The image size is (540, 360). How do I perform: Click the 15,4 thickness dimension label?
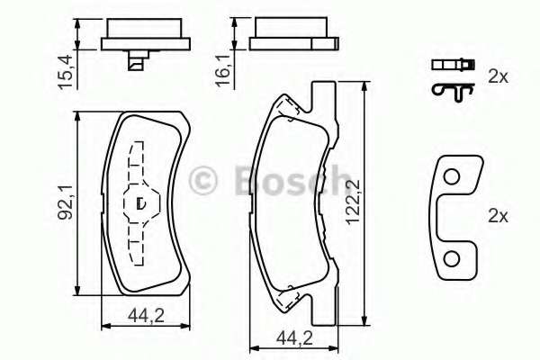click(66, 72)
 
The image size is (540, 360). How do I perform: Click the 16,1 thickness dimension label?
click(223, 72)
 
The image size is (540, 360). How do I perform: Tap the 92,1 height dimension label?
click(65, 202)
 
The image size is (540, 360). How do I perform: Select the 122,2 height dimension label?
click(353, 202)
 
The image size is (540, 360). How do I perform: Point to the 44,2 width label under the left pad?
click(146, 315)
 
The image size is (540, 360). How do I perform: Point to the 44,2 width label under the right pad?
click(294, 338)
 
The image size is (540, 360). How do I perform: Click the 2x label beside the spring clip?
click(498, 76)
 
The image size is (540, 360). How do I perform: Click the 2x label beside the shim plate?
click(498, 216)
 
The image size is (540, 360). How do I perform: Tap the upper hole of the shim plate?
click(451, 177)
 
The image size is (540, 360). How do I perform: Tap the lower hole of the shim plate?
click(451, 259)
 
